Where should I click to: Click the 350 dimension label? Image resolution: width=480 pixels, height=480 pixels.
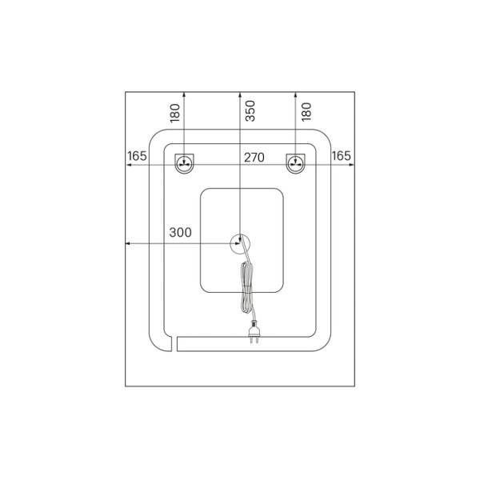(x=250, y=111)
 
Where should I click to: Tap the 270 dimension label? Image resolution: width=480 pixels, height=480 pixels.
(x=254, y=158)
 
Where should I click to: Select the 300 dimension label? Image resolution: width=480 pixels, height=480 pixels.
(x=180, y=232)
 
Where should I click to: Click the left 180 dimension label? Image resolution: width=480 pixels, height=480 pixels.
(x=174, y=113)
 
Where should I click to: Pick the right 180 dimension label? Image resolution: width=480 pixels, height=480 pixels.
(x=306, y=112)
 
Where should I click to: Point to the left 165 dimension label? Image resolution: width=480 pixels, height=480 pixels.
(x=137, y=156)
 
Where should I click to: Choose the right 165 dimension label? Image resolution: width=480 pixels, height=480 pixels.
(x=341, y=156)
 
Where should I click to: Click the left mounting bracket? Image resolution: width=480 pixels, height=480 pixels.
(x=184, y=163)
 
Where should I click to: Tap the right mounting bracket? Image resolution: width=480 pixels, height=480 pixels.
(x=295, y=163)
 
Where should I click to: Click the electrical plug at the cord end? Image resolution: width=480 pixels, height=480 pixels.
(x=254, y=331)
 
